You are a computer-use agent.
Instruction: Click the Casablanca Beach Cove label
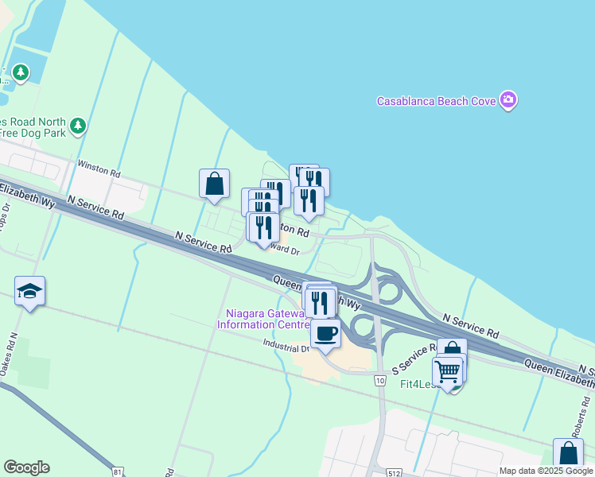pos(437,101)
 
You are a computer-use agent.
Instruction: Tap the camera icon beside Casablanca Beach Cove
pos(508,100)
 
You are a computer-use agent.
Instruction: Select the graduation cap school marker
pos(30,292)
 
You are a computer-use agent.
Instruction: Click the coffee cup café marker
pos(325,332)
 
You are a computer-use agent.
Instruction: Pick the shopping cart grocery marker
pos(448,370)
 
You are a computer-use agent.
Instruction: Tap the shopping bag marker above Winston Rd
pos(215,184)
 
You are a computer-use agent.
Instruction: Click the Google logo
pos(26,467)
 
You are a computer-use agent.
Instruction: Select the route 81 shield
pos(118,472)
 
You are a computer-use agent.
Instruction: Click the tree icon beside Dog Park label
pos(77,126)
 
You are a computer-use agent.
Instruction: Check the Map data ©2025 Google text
pos(546,471)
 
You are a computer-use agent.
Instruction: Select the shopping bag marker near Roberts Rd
pos(568,454)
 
